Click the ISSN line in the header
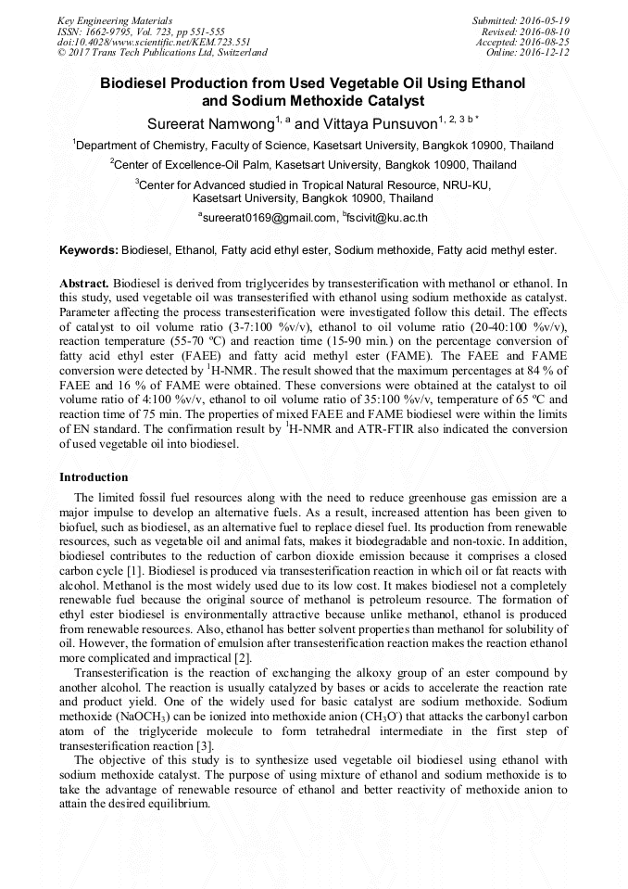pyautogui.click(x=141, y=32)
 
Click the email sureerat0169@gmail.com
pyautogui.click(x=269, y=218)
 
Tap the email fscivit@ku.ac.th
pyautogui.click(x=387, y=218)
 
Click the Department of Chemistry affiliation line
pyautogui.click(x=314, y=146)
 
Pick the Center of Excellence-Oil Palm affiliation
pyautogui.click(x=314, y=165)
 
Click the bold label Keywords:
pyautogui.click(x=89, y=250)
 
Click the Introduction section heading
pyautogui.click(x=94, y=477)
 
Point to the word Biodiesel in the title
pyautogui.click(x=141, y=83)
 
